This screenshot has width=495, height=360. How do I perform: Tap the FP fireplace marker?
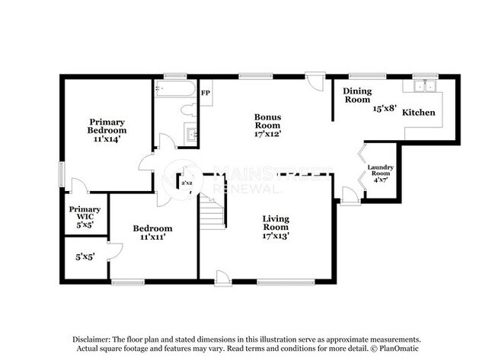(205, 93)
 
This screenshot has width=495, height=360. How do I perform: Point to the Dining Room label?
(356, 95)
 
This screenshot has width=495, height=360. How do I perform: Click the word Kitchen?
(419, 113)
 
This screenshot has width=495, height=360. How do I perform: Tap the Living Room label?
(276, 227)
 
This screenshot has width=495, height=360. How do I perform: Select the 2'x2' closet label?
(186, 183)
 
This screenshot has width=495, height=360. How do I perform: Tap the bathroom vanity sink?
(192, 135)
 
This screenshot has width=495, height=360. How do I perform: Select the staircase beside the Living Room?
(212, 212)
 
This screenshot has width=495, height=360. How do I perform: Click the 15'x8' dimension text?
(385, 109)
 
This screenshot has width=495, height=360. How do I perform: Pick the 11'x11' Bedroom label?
(152, 232)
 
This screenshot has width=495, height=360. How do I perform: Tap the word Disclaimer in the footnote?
(92, 339)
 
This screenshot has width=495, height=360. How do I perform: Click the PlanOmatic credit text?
(397, 349)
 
